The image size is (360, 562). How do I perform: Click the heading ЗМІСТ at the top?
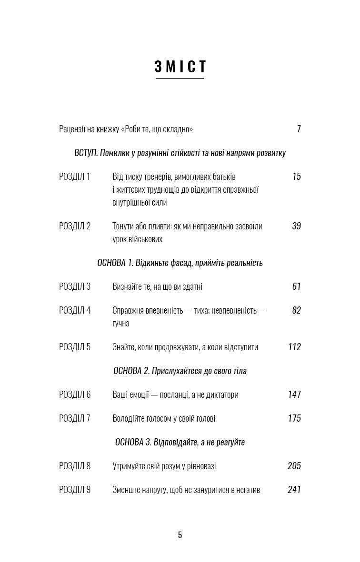pos(180,67)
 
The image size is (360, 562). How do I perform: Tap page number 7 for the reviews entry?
pos(299,129)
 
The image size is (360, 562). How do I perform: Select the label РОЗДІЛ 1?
pos(74,177)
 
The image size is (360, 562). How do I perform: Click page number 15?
pos(297,177)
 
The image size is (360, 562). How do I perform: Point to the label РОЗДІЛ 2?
pos(74,226)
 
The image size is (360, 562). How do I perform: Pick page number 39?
pos(296,226)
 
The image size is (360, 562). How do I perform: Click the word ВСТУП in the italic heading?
pos(86,153)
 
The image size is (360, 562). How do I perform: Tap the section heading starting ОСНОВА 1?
pos(180,263)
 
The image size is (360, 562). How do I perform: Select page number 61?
pos(296,286)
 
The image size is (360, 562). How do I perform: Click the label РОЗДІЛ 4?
pos(74,310)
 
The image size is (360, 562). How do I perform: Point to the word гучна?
pos(121,324)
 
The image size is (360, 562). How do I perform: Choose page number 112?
pos(294,347)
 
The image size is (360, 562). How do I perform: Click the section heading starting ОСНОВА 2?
pos(180,371)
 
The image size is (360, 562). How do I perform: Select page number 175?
pos(294,418)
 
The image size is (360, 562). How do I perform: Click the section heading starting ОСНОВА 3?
pos(180,442)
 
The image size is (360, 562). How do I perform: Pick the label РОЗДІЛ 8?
pos(74,466)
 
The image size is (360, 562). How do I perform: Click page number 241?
pos(294,490)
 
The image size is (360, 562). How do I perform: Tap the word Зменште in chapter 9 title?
pos(126,490)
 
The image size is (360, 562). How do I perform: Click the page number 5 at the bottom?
pos(180,535)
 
